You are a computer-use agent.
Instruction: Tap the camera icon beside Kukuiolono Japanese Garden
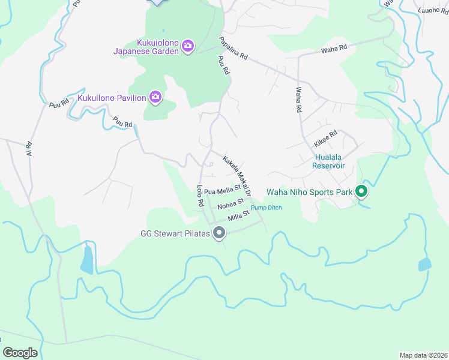pyautogui.click(x=188, y=46)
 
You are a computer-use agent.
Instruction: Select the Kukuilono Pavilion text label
pyautogui.click(x=112, y=97)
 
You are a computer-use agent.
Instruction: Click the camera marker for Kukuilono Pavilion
pyautogui.click(x=155, y=97)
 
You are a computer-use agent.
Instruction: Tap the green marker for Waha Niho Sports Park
pyautogui.click(x=361, y=191)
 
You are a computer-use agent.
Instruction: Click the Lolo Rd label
pyautogui.click(x=200, y=197)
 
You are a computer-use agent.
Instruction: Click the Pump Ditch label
pyautogui.click(x=266, y=208)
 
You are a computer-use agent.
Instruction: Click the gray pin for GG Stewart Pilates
pyautogui.click(x=220, y=232)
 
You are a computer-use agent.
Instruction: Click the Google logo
pyautogui.click(x=20, y=353)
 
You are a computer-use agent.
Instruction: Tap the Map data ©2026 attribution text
pyautogui.click(x=423, y=355)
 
